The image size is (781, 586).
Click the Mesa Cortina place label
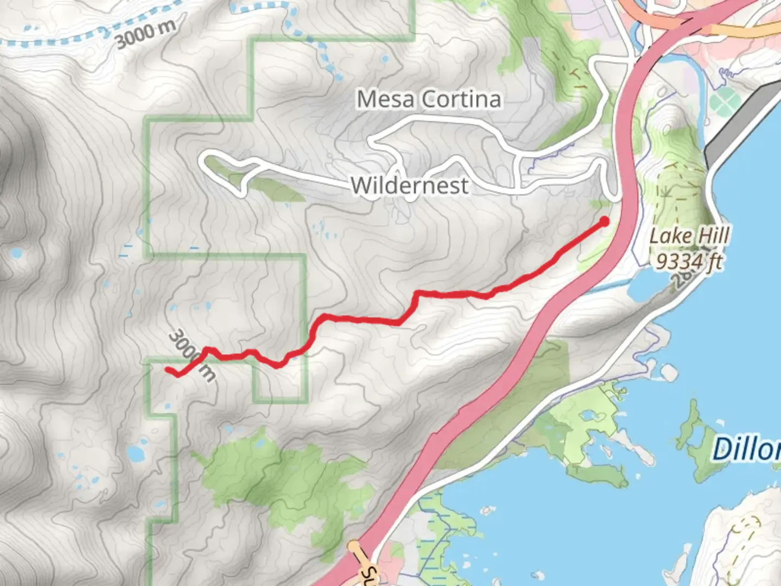click(428, 99)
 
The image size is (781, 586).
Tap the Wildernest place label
click(409, 186)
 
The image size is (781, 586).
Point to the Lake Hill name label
click(689, 236)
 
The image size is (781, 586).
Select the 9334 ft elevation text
click(689, 262)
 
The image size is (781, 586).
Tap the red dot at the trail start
click(604, 221)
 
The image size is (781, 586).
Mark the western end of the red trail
click(168, 370)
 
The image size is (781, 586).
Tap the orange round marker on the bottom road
click(354, 545)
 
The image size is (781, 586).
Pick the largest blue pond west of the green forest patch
click(135, 451)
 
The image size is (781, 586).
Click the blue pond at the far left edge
click(15, 253)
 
